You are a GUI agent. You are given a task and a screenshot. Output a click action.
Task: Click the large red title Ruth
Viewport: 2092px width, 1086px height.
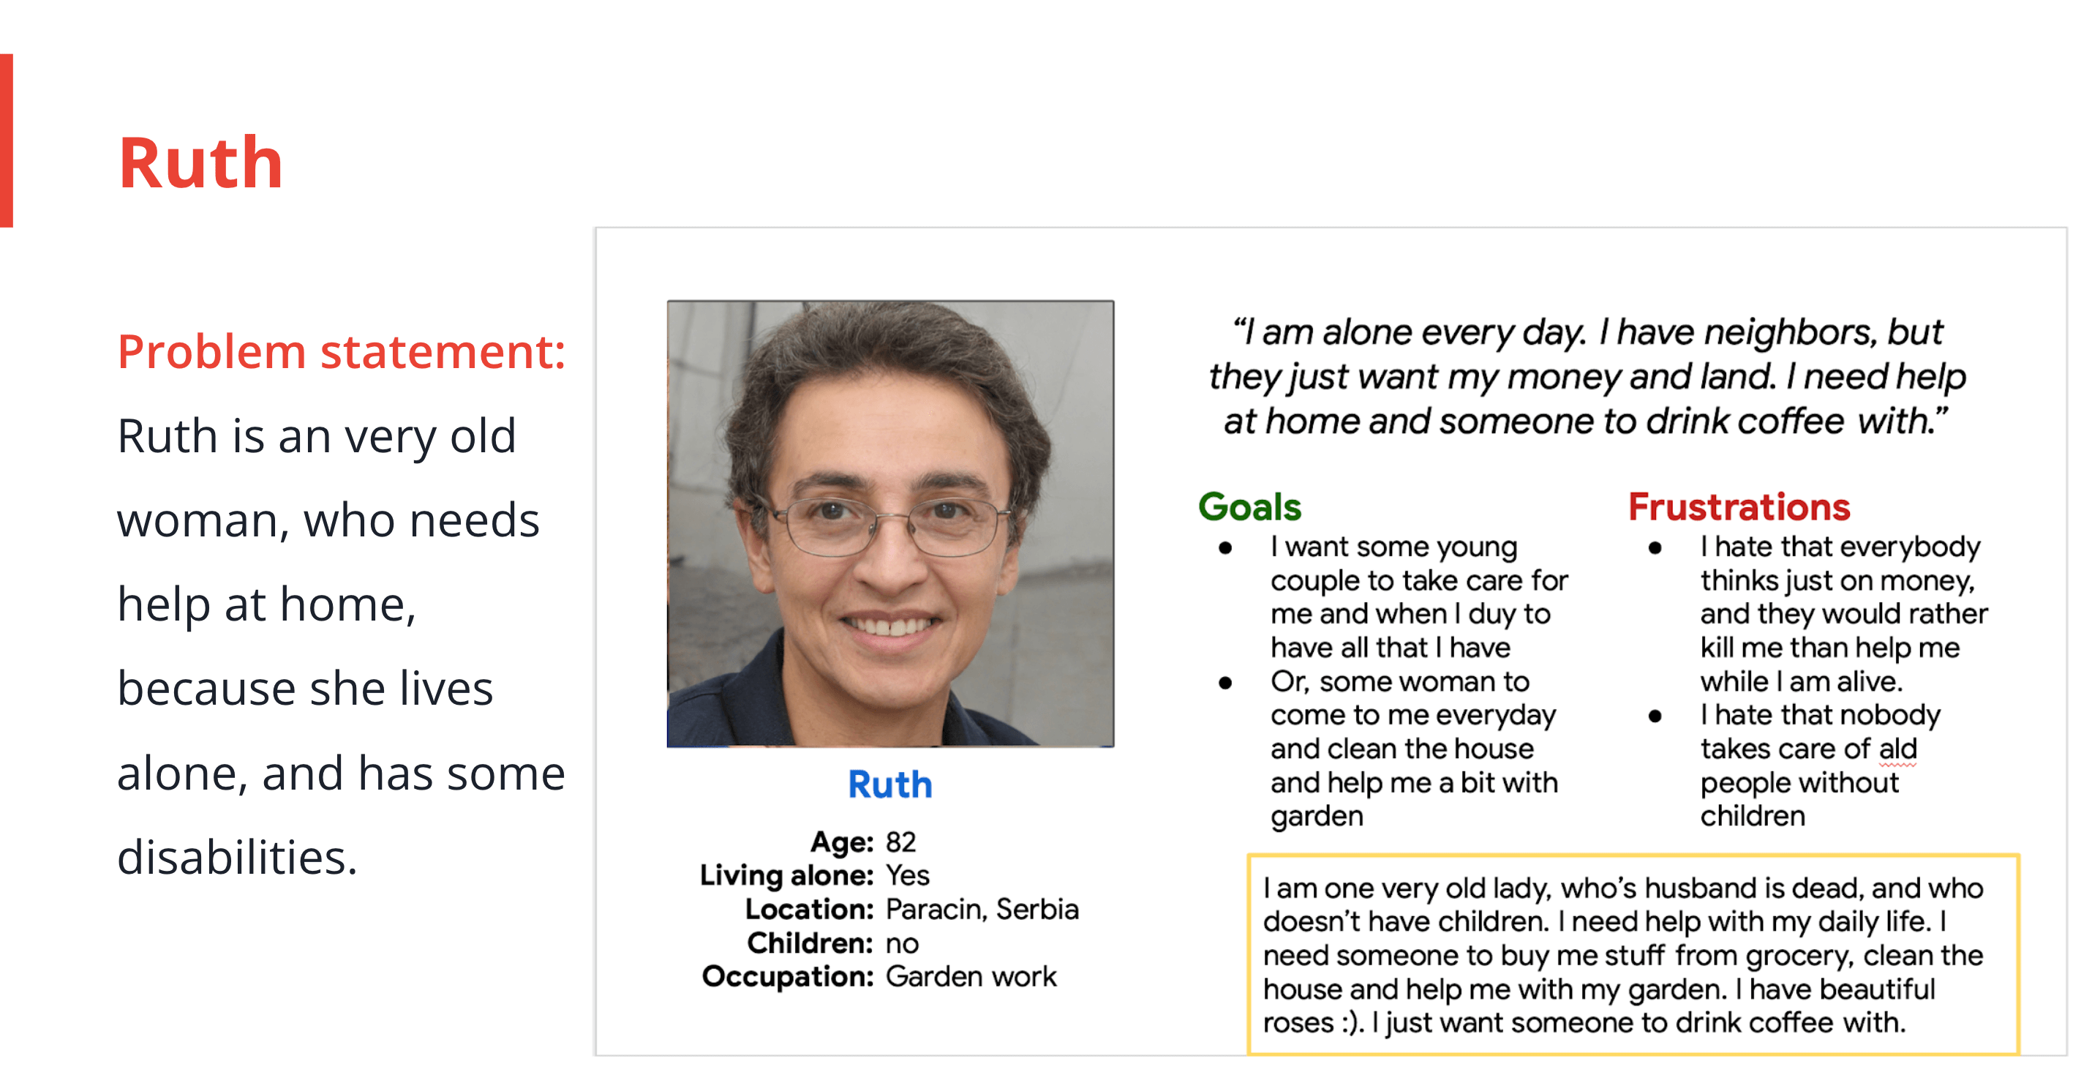tap(200, 163)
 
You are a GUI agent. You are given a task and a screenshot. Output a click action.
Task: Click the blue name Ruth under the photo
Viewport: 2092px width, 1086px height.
tap(890, 784)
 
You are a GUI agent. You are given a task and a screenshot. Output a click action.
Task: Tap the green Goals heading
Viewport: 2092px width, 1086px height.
tap(1250, 507)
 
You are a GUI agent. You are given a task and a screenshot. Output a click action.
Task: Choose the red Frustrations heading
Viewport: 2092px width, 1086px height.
tap(1739, 507)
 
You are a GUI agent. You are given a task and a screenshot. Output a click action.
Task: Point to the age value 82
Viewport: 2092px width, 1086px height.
tap(900, 842)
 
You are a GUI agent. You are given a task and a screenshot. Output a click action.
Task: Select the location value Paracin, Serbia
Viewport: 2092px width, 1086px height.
tap(982, 910)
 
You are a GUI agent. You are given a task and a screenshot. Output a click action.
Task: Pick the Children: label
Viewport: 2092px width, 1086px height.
tap(810, 943)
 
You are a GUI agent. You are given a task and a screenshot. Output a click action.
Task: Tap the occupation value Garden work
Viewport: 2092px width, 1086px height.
tap(971, 977)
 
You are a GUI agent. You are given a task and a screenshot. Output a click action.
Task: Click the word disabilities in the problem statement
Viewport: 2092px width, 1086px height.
tap(237, 857)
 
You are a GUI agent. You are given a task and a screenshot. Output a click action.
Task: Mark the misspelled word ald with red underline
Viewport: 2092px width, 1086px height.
tap(1898, 749)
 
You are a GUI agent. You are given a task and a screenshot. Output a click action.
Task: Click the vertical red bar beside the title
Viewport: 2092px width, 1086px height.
tap(7, 141)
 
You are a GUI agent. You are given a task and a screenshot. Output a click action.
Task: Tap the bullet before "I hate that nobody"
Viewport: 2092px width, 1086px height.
tap(1655, 716)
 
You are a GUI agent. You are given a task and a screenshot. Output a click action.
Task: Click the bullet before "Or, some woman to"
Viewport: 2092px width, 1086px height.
tap(1224, 682)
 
